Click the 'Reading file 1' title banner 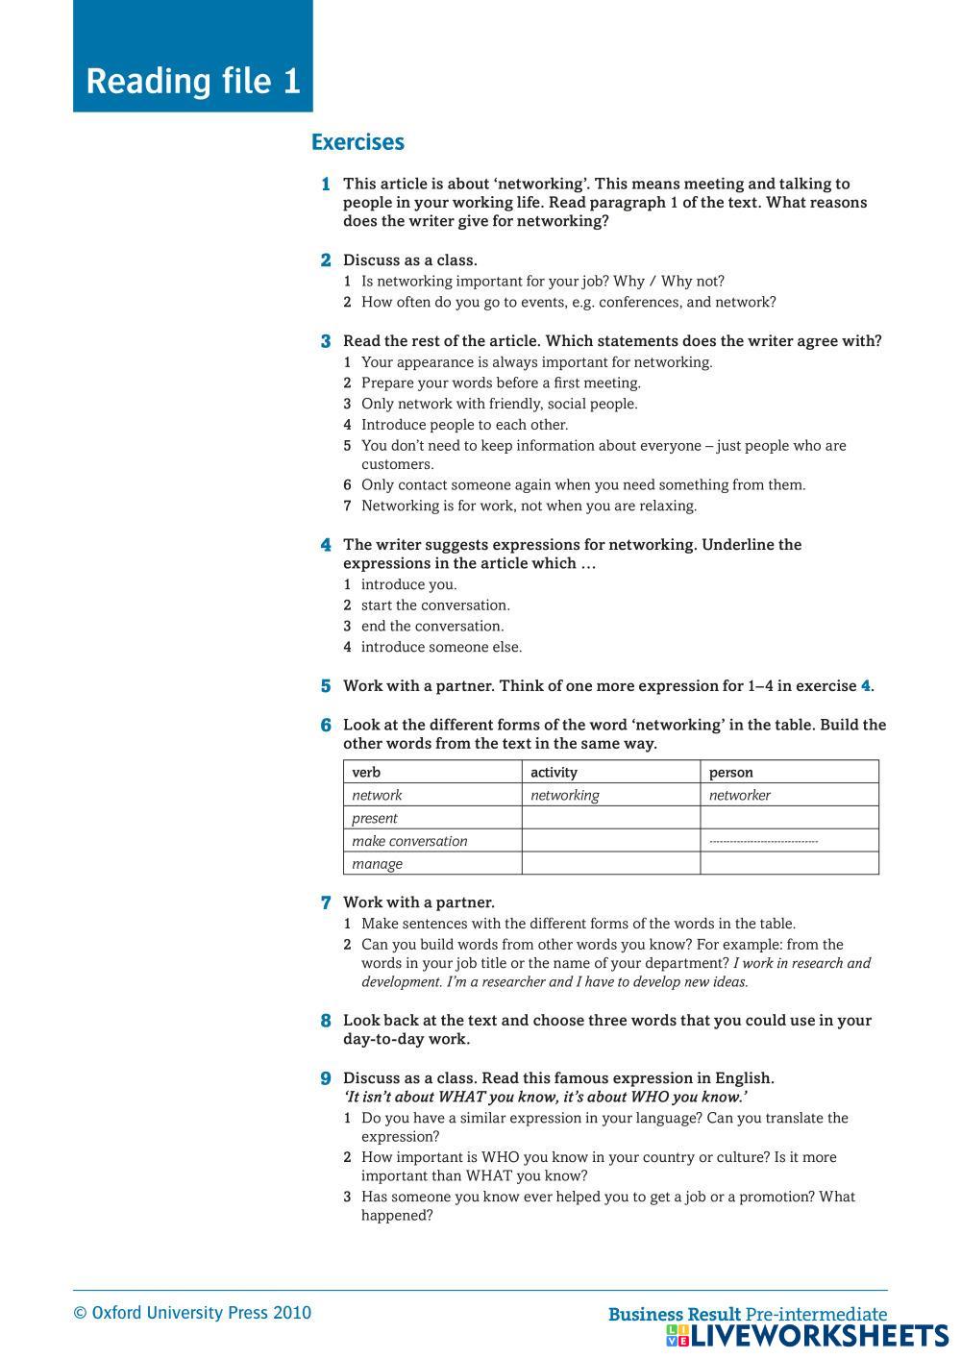193,81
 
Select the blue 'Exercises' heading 357,142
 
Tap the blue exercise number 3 326,341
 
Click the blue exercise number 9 326,1078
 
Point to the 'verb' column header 366,772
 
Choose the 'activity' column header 554,772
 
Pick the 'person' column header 730,772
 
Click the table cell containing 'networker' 739,795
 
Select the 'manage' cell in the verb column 377,863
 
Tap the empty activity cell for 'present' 610,818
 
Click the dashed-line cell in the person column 764,841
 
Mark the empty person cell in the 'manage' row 788,863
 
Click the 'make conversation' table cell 409,841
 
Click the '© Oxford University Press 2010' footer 192,1313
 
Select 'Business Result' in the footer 675,1314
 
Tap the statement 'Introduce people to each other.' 464,425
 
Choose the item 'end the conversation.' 432,626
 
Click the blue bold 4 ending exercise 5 865,686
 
